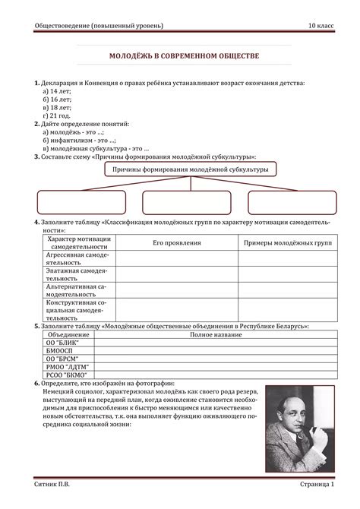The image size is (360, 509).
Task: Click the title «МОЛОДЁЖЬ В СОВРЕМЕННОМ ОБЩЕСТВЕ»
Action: [x=180, y=58]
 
